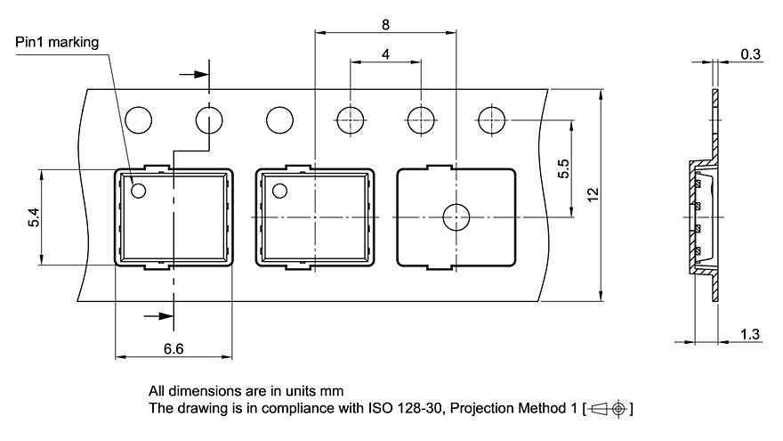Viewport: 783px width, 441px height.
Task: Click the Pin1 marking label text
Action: (57, 42)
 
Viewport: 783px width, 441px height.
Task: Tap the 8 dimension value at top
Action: (385, 25)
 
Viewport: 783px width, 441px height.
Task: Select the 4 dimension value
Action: (385, 54)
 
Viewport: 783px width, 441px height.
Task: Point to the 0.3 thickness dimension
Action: (750, 54)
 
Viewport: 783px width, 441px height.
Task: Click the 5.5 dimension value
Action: (563, 168)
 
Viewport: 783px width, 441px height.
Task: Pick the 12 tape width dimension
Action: (593, 195)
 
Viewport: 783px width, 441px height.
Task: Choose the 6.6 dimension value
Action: (174, 349)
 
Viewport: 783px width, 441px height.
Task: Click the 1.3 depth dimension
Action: (750, 334)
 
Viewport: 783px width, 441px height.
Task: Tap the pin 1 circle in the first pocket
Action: (139, 190)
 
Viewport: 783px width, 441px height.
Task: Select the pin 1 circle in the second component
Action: (280, 190)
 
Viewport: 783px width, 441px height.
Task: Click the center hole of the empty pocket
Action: (456, 216)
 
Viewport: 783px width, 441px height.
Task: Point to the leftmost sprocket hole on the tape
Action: (139, 118)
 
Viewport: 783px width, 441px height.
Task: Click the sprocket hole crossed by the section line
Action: (209, 118)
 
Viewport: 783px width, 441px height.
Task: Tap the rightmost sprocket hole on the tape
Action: (490, 118)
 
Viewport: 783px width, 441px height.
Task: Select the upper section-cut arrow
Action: (193, 75)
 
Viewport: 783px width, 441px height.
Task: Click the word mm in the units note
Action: (333, 391)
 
